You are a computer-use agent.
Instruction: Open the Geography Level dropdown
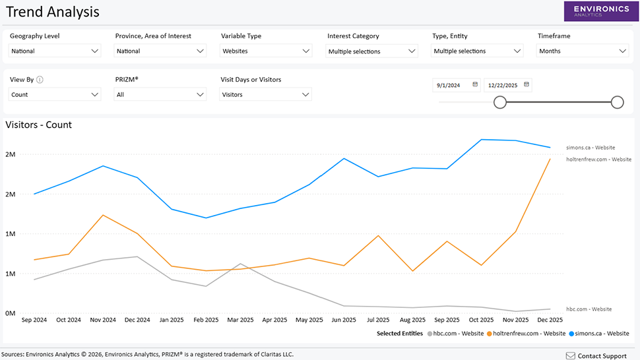coord(55,51)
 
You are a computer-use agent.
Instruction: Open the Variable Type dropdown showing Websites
coord(266,51)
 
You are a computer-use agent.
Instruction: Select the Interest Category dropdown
coord(372,51)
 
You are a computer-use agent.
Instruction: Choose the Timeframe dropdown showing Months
coord(583,51)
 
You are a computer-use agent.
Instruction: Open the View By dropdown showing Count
coord(55,94)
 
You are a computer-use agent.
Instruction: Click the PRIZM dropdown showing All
coord(160,94)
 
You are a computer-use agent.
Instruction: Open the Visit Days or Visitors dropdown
coord(265,94)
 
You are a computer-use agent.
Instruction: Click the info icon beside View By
coord(40,80)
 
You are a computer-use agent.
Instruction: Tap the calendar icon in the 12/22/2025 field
coord(526,84)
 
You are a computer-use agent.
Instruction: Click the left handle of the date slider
coord(500,102)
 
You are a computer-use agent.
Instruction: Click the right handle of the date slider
coord(618,102)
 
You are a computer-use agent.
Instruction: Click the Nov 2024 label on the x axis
coord(102,320)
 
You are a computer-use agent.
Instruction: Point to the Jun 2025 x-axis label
coord(344,320)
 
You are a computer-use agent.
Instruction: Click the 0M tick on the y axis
coord(10,313)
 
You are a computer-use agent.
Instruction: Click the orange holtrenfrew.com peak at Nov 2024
coord(103,215)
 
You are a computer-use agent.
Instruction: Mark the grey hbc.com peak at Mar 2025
coord(241,264)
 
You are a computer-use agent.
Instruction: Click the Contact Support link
coord(596,356)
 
